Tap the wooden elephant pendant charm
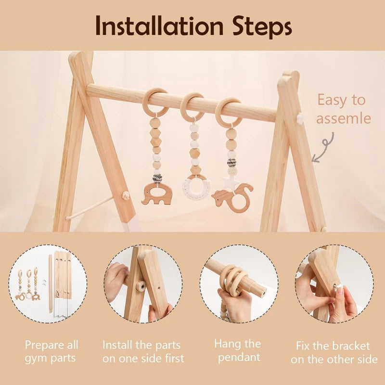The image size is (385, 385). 156,192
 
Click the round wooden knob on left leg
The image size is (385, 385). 127,195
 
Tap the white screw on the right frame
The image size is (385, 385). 300,118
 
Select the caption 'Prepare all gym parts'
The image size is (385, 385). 51,352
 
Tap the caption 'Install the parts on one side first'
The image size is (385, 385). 143,352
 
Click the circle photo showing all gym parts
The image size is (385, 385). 48,283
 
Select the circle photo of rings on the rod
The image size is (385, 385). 239,283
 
